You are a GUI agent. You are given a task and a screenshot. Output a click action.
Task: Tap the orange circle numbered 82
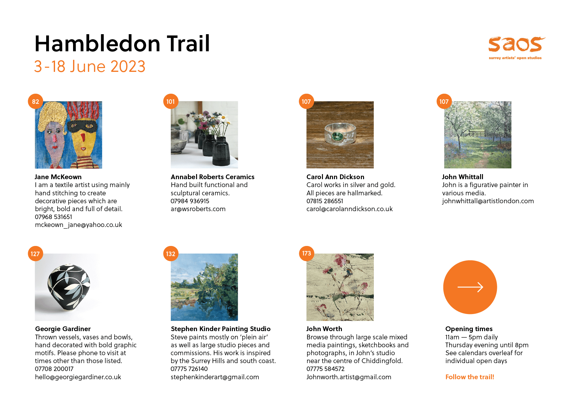pos(35,101)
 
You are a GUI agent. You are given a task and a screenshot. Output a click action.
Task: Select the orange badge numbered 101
pos(170,101)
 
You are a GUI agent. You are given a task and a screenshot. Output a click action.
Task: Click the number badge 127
pos(35,254)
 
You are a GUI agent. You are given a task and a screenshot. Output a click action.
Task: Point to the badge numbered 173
pos(306,253)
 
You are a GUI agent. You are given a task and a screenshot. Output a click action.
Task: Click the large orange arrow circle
pos(470,287)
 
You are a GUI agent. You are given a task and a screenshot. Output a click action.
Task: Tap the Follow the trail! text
pos(470,377)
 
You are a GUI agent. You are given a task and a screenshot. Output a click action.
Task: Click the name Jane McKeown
pos(58,177)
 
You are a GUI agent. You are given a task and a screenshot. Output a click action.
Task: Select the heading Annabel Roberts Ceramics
pos(213,177)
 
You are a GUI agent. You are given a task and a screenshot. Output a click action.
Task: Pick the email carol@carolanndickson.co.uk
pos(349,209)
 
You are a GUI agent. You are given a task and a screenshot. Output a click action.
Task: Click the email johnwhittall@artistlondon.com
pos(488,201)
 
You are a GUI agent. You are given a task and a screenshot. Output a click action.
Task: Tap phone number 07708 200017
pos(54,369)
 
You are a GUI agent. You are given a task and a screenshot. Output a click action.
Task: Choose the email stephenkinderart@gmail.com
pos(215,377)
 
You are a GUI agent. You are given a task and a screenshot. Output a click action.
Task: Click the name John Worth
pos(324,329)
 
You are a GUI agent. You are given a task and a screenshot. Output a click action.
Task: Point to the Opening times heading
pos(469,329)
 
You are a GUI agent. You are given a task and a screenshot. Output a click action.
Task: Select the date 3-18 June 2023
pos(90,66)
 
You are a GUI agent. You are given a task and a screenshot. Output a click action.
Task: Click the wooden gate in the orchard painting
pos(477,133)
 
